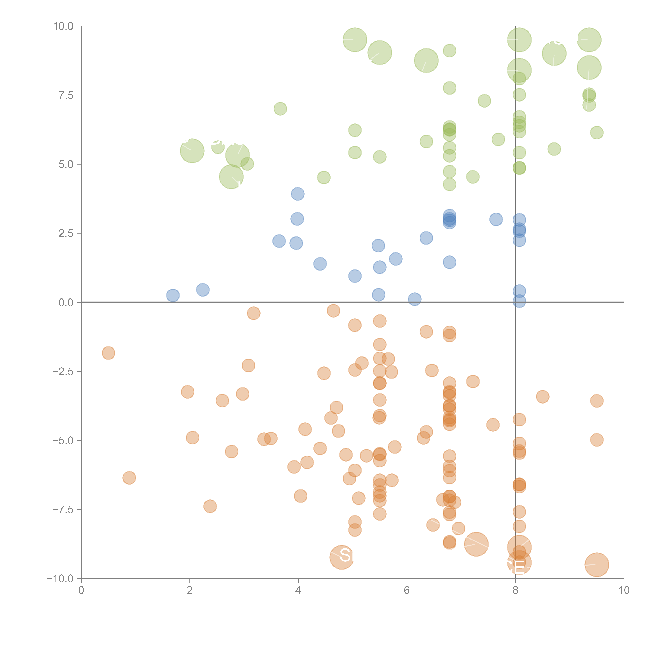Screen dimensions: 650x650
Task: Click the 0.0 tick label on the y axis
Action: [66, 303]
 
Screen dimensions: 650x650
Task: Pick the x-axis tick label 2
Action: [190, 590]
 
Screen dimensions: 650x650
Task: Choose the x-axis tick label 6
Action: [407, 590]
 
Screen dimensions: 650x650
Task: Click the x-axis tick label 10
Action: [624, 590]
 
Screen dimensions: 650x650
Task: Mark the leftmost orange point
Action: [108, 353]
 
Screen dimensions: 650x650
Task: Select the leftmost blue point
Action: [173, 295]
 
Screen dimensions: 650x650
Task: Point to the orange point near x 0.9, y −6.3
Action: [129, 478]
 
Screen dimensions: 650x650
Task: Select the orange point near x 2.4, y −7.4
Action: [210, 506]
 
